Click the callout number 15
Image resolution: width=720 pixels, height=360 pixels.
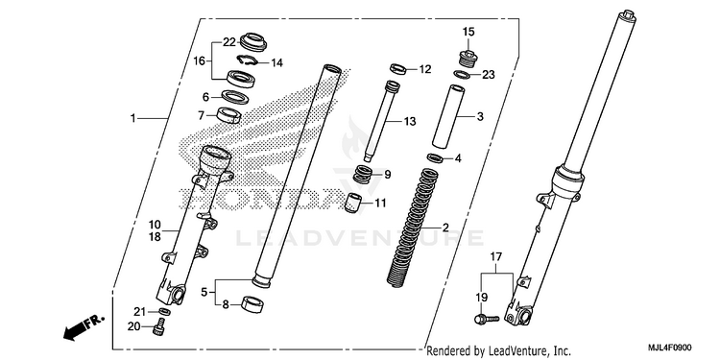click(x=468, y=32)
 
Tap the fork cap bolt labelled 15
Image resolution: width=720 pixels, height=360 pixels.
click(x=468, y=59)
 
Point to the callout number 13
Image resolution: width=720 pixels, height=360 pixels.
click(x=410, y=121)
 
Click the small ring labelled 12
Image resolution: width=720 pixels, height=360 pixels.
click(x=397, y=69)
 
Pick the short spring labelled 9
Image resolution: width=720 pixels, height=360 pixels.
click(x=364, y=175)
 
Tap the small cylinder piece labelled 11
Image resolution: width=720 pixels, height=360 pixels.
click(x=353, y=203)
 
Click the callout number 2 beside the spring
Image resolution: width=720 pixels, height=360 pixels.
click(x=444, y=228)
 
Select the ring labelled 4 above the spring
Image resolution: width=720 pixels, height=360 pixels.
click(x=435, y=158)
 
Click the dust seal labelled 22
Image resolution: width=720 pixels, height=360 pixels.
click(x=253, y=42)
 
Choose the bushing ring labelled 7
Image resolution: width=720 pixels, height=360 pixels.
click(x=228, y=115)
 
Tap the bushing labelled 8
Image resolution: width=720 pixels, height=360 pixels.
click(x=252, y=304)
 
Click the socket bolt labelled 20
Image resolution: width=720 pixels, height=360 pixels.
click(x=158, y=328)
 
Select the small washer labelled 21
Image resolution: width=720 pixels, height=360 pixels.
click(x=164, y=312)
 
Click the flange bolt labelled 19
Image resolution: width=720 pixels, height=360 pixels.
click(x=486, y=318)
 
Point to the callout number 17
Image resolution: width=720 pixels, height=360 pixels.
click(x=496, y=256)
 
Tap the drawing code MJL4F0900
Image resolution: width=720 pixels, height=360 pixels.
click(x=669, y=348)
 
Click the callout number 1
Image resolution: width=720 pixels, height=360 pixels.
click(x=132, y=118)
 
